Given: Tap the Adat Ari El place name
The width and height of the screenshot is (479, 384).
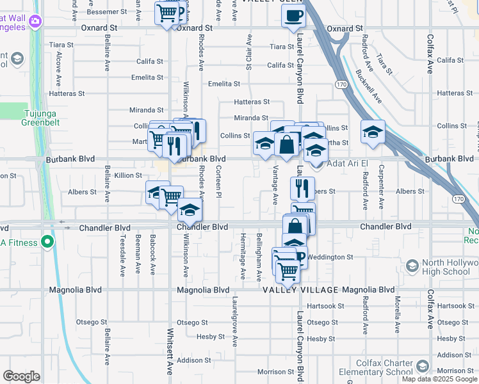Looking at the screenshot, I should click(350, 164).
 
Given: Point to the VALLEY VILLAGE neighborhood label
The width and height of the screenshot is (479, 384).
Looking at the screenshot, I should click(300, 290).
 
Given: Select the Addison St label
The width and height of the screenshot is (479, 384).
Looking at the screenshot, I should click(193, 360).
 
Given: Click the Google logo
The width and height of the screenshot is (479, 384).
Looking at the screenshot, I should click(21, 376).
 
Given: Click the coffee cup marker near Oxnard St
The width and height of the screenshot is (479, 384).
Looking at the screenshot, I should click(293, 17).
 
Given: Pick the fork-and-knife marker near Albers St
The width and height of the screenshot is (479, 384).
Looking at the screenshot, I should click(302, 188).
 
